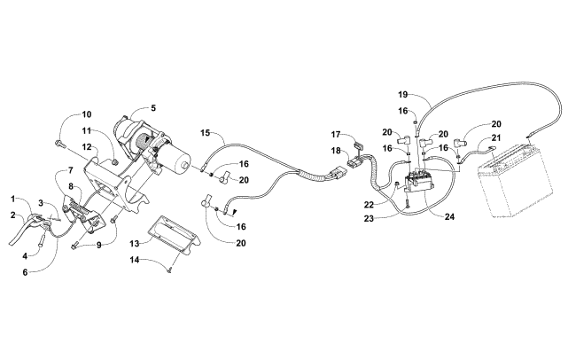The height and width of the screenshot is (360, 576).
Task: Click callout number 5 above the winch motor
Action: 153,109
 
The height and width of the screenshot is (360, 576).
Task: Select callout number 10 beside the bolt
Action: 87,114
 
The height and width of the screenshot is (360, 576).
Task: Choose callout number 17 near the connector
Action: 335,135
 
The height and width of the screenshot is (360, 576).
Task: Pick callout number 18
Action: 335,152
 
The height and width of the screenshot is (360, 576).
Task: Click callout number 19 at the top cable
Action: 402,94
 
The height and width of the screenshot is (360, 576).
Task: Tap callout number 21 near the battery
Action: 496,138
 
